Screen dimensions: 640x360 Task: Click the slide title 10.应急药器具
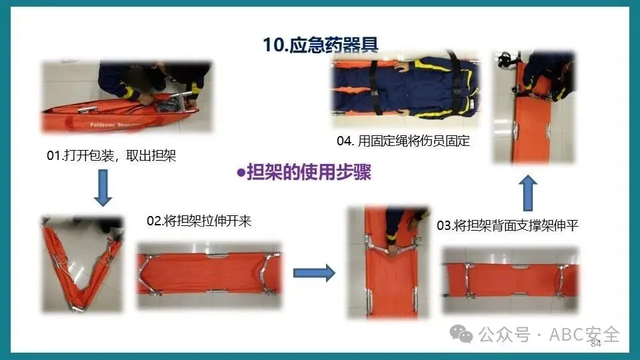[321, 45]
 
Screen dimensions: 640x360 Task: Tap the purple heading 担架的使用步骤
[309, 172]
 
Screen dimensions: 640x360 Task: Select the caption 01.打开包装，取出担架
[111, 155]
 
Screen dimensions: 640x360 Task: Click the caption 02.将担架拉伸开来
[199, 221]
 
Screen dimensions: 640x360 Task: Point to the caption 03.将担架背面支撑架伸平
[507, 225]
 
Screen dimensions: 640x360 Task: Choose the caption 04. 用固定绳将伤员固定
[403, 141]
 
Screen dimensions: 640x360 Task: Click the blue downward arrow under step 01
[103, 188]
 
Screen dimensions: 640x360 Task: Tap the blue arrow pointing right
[314, 273]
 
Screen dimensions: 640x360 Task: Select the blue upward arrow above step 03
[528, 193]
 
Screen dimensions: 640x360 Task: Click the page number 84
[596, 344]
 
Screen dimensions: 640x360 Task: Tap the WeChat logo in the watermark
[461, 335]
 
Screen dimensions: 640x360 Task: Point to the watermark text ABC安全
[585, 335]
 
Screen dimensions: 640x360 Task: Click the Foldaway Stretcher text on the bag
[116, 125]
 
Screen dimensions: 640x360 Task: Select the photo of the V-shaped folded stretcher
[82, 265]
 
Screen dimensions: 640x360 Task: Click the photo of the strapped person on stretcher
[405, 89]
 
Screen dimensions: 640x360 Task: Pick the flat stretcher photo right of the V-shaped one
[209, 275]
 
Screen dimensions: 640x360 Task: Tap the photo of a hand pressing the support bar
[388, 263]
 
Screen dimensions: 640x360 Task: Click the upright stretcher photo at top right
[534, 107]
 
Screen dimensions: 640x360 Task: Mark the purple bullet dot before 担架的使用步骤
[241, 173]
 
